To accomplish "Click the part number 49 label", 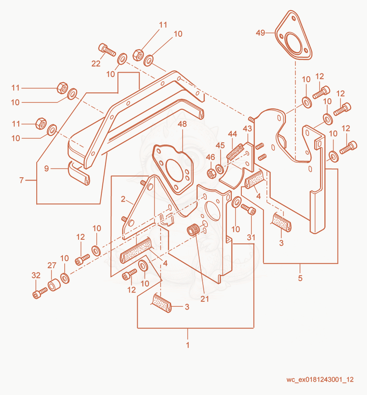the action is click(261, 33).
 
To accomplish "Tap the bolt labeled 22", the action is click(107, 50).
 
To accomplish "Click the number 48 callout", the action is click(183, 124).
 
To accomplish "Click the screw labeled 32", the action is click(40, 293).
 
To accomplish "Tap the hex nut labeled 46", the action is click(211, 173).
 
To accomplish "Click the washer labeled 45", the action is click(220, 169).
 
